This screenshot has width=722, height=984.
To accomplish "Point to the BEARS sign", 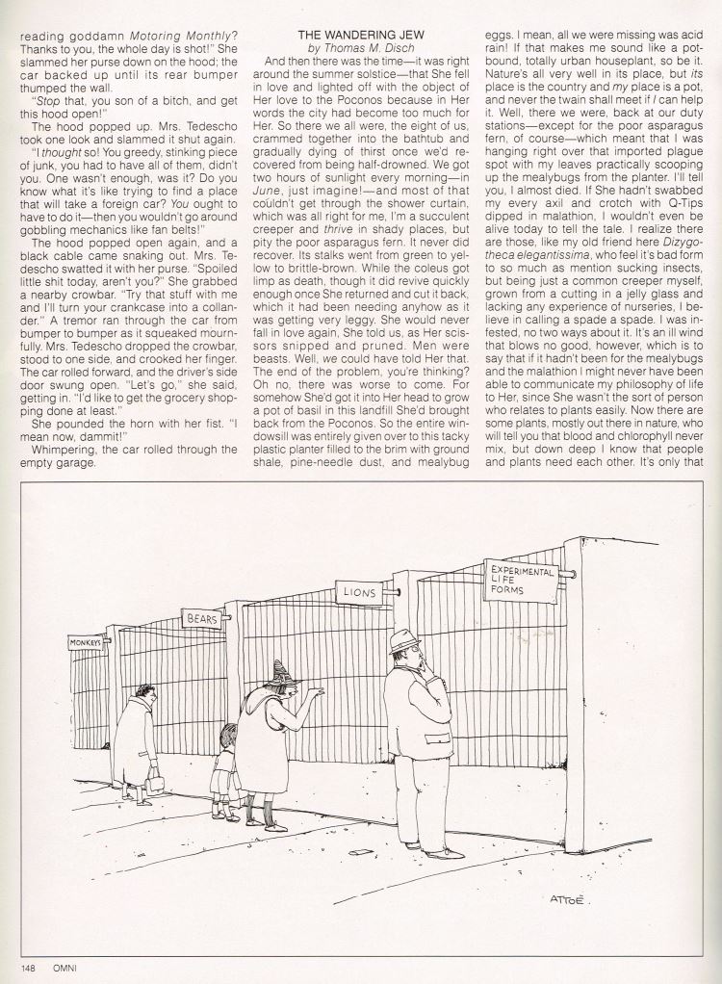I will coord(202,616).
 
